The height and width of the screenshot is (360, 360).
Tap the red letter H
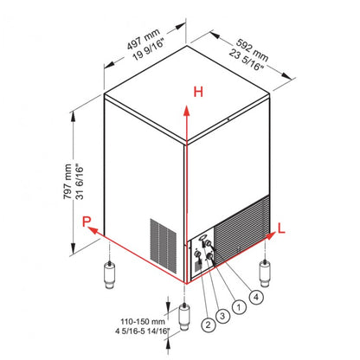(x=197, y=92)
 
